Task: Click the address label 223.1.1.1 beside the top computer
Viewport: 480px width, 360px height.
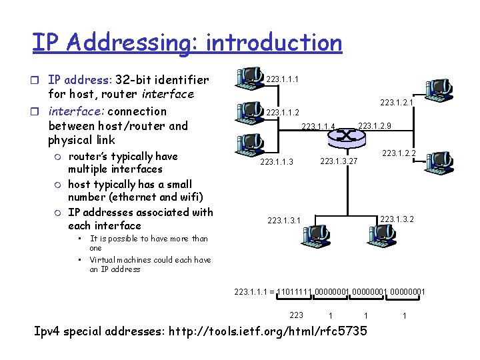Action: point(282,79)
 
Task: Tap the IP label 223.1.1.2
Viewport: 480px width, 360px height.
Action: point(283,113)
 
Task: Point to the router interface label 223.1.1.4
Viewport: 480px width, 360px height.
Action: point(318,127)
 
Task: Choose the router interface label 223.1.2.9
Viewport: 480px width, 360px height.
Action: point(375,126)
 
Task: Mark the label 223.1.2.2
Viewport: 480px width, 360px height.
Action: point(399,153)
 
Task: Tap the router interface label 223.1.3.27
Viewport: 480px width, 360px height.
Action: point(339,161)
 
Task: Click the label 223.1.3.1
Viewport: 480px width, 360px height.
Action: point(283,220)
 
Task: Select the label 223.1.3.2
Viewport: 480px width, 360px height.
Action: point(396,218)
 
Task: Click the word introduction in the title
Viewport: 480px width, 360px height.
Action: point(274,42)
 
